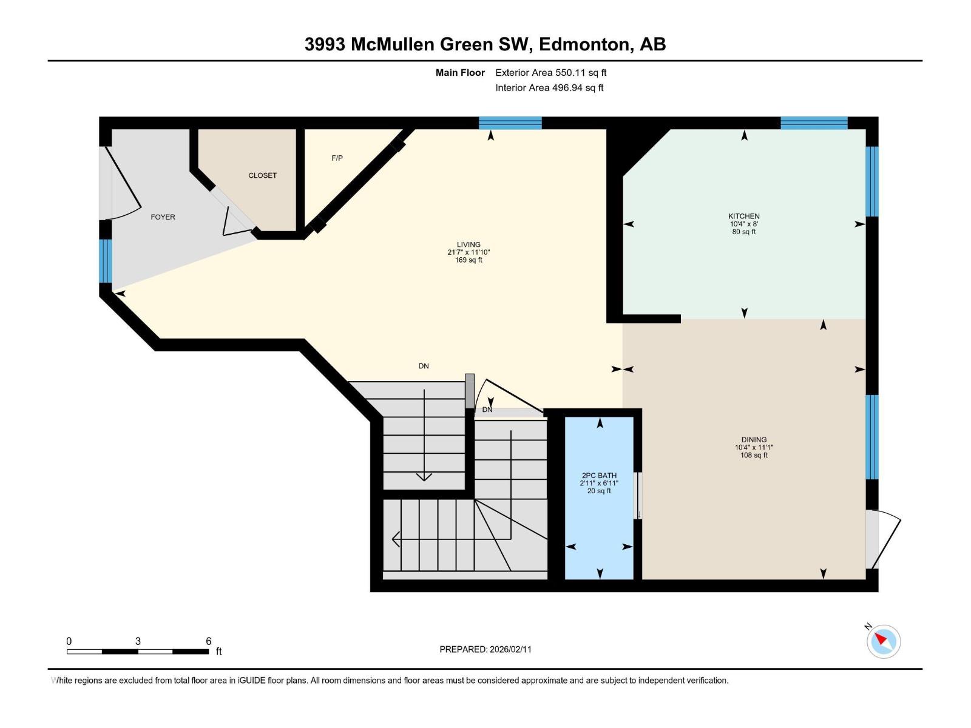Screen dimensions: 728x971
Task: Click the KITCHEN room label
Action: pyautogui.click(x=743, y=216)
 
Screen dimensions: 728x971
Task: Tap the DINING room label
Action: pyautogui.click(x=754, y=439)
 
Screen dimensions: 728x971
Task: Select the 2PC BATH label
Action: pyautogui.click(x=599, y=476)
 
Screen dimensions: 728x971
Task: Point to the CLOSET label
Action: pyautogui.click(x=262, y=175)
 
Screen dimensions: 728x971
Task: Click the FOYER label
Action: pyautogui.click(x=163, y=217)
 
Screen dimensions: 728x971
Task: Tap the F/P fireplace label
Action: pyautogui.click(x=337, y=158)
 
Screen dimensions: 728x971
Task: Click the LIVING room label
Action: pyautogui.click(x=469, y=244)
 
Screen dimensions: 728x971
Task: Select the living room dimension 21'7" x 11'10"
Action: pyautogui.click(x=469, y=252)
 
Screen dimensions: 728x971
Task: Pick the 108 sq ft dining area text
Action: pyautogui.click(x=754, y=455)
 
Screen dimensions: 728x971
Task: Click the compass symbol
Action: pyautogui.click(x=884, y=641)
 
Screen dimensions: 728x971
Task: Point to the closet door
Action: pyautogui.click(x=234, y=215)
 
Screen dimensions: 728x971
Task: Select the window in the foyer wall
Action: pyautogui.click(x=106, y=260)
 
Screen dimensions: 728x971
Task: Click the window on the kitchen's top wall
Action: pyautogui.click(x=813, y=123)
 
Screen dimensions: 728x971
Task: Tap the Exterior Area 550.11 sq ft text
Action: pyautogui.click(x=550, y=72)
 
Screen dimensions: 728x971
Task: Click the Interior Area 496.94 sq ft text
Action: pyautogui.click(x=549, y=87)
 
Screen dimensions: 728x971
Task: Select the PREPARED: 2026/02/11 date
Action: pyautogui.click(x=486, y=649)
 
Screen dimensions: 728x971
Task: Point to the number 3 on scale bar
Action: pyautogui.click(x=138, y=641)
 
